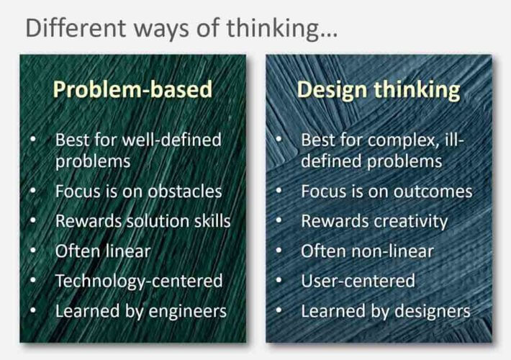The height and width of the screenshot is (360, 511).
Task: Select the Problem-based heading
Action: [132, 89]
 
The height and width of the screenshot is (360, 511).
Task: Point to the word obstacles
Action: [185, 191]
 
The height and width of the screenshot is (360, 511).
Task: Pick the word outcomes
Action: [433, 192]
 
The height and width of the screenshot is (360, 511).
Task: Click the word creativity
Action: [411, 222]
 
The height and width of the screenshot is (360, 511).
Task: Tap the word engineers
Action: [187, 312]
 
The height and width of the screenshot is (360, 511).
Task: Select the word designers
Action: [433, 311]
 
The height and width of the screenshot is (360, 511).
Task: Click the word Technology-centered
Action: [139, 282]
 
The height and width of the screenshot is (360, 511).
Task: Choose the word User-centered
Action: [358, 281]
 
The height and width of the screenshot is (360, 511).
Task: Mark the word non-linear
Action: [389, 251]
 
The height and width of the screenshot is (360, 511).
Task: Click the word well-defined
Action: [171, 140]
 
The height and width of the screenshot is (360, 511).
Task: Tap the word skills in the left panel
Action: [212, 221]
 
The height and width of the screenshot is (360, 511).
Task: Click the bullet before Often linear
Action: [33, 251]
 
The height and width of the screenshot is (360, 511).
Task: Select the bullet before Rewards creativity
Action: [279, 220]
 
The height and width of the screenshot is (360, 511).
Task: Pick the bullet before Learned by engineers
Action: [33, 310]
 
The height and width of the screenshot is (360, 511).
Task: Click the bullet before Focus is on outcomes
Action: [279, 190]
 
